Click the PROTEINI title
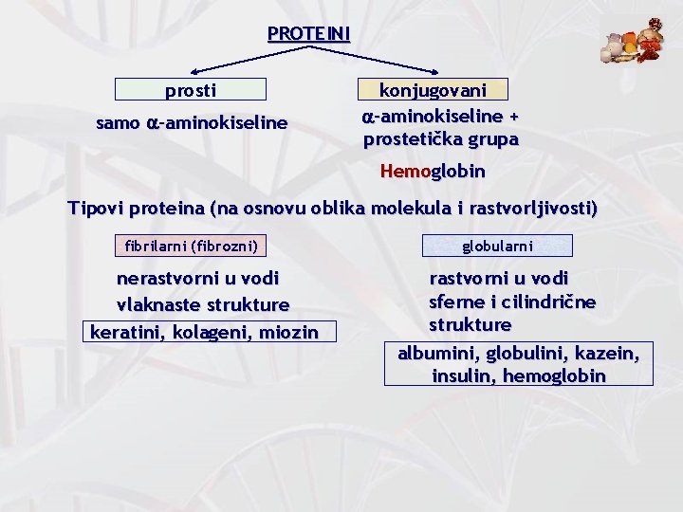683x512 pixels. [308, 34]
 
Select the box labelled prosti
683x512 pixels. [191, 90]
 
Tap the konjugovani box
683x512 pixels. [433, 90]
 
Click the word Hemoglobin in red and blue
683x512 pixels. [433, 172]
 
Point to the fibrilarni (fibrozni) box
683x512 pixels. [191, 247]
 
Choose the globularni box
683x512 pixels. [498, 247]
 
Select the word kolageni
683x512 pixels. [207, 332]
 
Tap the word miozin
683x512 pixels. [288, 332]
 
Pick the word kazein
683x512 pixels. [605, 354]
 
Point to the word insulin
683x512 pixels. [462, 375]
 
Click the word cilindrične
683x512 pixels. [552, 302]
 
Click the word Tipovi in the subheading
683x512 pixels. [97, 209]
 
